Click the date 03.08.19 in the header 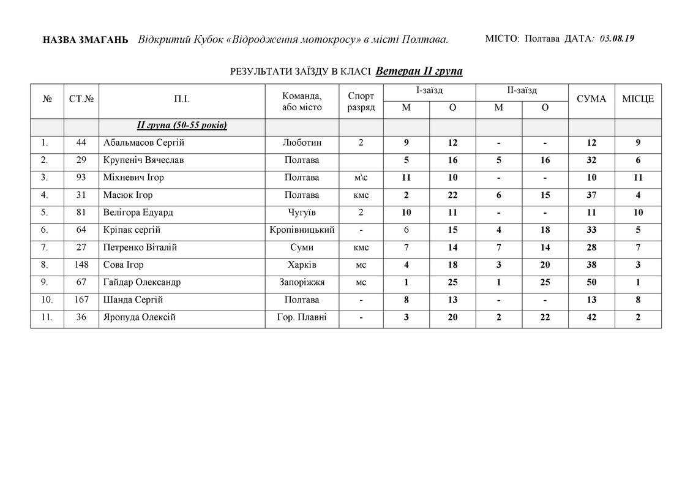pos(616,39)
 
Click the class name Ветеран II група pos(419,71)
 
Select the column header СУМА pos(591,99)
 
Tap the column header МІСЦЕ pos(638,99)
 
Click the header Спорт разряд pos(361,101)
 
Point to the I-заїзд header pos(429,90)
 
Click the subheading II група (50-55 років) pos(182,126)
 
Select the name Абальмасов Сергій pos(144,143)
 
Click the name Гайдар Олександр pos(142,282)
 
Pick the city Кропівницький pos(302,230)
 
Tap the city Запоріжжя pos(302,282)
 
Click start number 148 pos(81,265)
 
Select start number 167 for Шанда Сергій pos(81,300)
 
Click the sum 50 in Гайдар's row pos(591,282)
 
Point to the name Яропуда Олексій pos(140,317)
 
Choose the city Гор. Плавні pos(302,317)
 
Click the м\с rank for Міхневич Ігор pos(361,178)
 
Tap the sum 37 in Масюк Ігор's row pos(591,195)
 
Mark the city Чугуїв pos(302,213)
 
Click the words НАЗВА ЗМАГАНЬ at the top pos(86,40)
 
